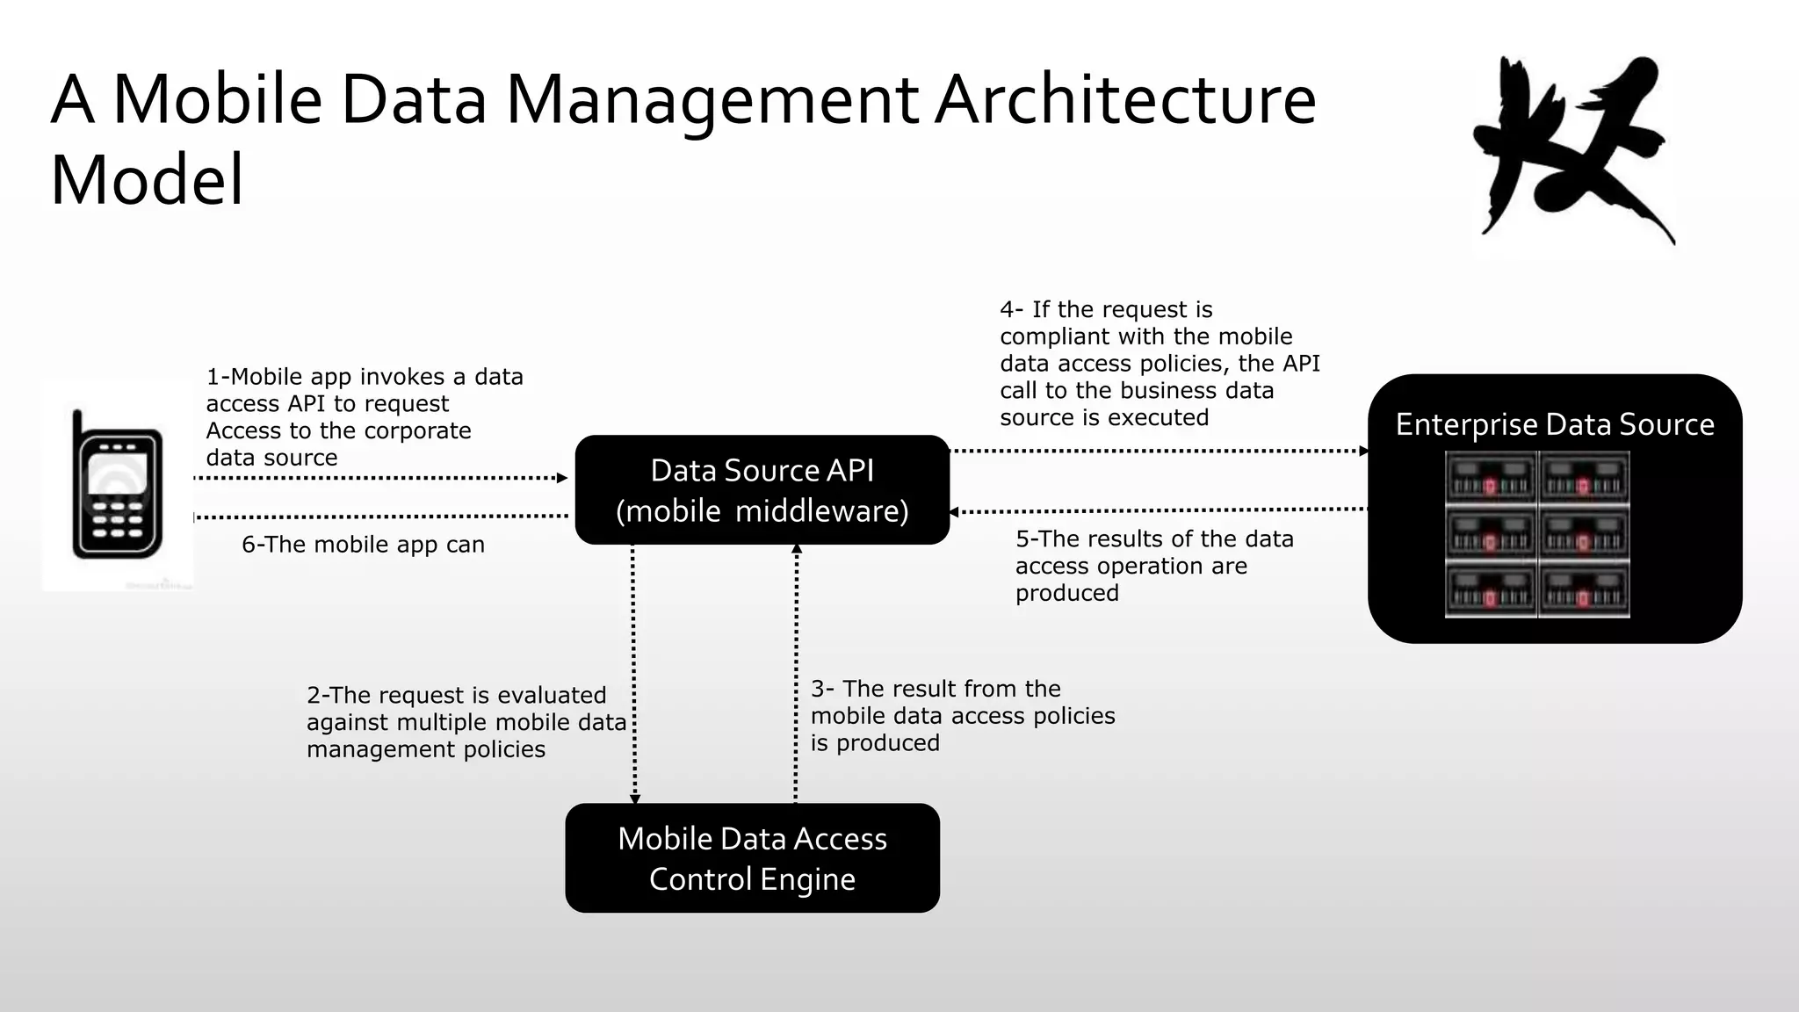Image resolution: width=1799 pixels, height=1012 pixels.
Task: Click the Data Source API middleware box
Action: click(762, 489)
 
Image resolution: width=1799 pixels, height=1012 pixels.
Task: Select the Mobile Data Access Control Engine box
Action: click(752, 857)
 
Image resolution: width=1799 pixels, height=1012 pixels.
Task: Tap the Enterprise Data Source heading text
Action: click(1554, 424)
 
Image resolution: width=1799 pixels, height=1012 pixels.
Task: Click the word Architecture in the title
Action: click(1124, 99)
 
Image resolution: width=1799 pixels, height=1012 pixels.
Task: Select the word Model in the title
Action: click(147, 179)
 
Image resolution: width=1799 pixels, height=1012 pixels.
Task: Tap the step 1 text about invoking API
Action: click(363, 416)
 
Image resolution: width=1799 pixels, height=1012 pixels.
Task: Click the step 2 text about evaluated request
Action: click(466, 721)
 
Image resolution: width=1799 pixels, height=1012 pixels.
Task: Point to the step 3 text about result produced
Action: click(962, 715)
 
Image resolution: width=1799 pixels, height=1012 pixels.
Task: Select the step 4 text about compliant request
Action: click(1159, 363)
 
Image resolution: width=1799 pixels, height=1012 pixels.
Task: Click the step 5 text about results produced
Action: click(1153, 565)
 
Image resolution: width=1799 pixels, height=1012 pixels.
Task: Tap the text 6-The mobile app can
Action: click(363, 545)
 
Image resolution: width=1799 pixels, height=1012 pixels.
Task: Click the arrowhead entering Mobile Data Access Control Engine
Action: click(635, 799)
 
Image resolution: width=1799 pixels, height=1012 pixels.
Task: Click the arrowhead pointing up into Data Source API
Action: click(797, 548)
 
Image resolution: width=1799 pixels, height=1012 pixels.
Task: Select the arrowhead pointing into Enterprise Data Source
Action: click(1364, 451)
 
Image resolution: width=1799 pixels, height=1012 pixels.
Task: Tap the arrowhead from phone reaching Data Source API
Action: click(563, 478)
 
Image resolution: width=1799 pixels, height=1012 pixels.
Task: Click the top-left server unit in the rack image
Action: click(1491, 478)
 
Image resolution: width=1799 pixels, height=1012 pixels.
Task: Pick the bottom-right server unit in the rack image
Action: click(1585, 590)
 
